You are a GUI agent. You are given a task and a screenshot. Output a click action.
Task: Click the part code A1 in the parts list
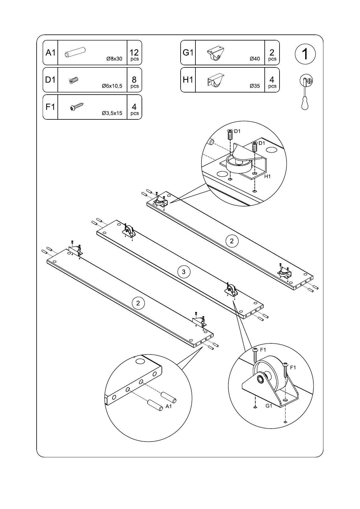(50, 53)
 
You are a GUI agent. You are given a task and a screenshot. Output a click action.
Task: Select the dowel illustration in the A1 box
(75, 52)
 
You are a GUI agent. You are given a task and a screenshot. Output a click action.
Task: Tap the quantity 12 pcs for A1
(134, 55)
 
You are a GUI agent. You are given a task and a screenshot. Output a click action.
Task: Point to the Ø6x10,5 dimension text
(112, 86)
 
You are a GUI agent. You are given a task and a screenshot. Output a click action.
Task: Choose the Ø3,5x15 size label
(112, 113)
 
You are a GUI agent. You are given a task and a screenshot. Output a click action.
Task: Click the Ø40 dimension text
(255, 59)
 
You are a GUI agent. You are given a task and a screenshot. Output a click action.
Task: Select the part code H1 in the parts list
(188, 80)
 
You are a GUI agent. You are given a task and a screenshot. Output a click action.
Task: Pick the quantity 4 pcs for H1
(272, 82)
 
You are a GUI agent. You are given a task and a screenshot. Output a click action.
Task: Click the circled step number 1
(305, 54)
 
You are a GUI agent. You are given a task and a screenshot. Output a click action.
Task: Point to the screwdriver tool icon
(306, 92)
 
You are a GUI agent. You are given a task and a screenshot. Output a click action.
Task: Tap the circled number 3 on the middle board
(184, 272)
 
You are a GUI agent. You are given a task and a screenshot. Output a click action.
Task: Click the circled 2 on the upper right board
(232, 241)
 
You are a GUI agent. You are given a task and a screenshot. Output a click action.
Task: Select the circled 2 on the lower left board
(138, 303)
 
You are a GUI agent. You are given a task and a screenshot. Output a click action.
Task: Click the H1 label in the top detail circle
(267, 176)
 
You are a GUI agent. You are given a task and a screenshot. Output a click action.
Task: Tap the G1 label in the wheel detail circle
(269, 406)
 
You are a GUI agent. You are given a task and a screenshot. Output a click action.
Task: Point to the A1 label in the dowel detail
(169, 406)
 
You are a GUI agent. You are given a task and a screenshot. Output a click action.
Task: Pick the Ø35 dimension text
(255, 86)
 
